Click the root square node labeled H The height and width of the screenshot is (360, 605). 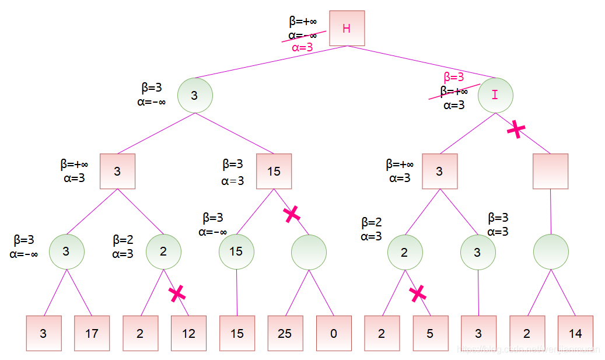(x=347, y=28)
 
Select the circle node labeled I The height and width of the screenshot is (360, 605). (x=495, y=95)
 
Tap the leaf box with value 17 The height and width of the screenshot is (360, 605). (x=92, y=333)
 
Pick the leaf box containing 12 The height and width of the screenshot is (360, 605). (x=188, y=333)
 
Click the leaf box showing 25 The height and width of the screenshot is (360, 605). (x=285, y=333)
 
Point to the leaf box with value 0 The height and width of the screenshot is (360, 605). (x=334, y=333)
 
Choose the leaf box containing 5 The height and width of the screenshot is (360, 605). (x=430, y=333)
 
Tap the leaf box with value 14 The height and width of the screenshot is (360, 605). (x=575, y=333)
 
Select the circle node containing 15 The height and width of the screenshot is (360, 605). (x=236, y=251)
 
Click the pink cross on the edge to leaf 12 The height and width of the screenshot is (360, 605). (x=176, y=293)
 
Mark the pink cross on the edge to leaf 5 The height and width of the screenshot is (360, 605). (x=417, y=293)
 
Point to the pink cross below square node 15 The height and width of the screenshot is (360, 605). (x=292, y=214)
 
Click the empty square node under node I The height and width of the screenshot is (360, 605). (x=550, y=171)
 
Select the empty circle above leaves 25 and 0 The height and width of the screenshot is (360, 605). (x=309, y=252)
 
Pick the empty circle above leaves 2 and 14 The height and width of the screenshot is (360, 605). (x=551, y=252)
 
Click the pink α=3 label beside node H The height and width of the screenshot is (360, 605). (x=302, y=47)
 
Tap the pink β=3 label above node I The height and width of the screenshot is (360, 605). (x=454, y=77)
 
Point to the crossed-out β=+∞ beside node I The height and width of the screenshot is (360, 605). (x=454, y=92)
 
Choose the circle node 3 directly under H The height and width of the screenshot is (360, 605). (x=194, y=95)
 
